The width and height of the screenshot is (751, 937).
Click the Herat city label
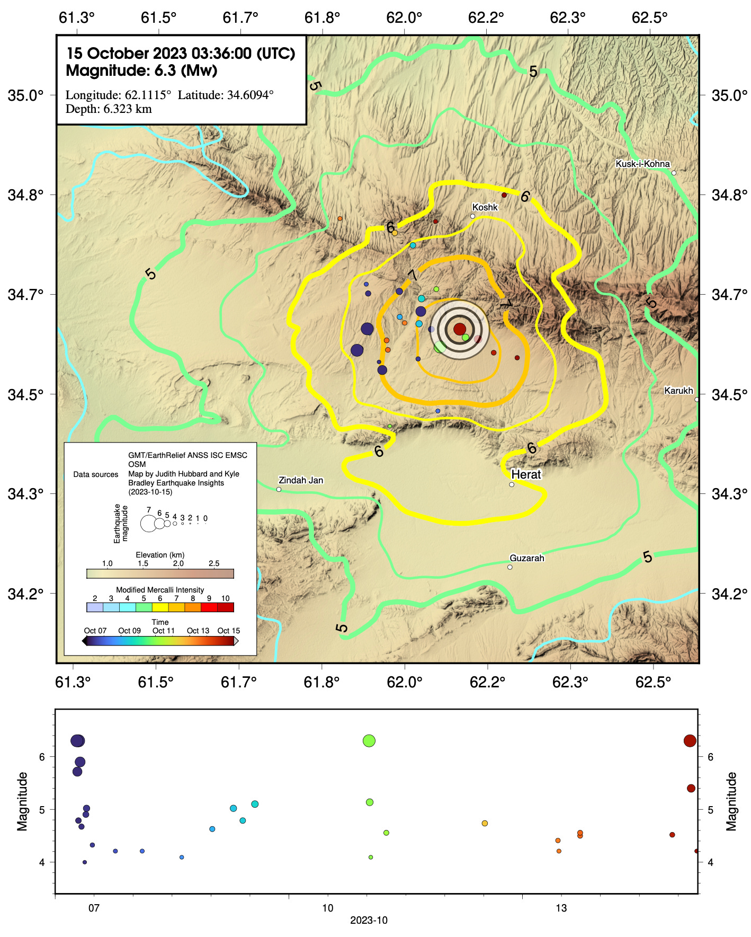point(525,474)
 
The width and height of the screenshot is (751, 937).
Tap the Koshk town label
point(485,207)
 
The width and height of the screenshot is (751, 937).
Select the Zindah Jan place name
point(300,480)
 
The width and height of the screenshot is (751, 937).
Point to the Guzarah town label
point(526,558)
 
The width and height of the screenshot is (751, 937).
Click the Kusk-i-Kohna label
point(642,164)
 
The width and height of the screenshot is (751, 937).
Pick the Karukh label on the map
point(678,391)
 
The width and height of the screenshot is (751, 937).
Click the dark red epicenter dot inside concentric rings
point(459,329)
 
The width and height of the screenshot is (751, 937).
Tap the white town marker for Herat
point(512,484)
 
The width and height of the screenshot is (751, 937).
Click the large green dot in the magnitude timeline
point(369,741)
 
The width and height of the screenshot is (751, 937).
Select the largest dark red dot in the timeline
point(690,741)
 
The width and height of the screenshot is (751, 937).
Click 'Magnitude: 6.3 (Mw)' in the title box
point(141,70)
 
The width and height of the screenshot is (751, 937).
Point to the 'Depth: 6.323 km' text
point(109,109)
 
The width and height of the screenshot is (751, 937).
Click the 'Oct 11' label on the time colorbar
point(163,631)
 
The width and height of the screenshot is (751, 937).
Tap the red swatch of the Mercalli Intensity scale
point(209,607)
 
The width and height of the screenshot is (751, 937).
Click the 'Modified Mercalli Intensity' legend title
point(160,590)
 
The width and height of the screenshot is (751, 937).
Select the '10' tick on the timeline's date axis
point(328,908)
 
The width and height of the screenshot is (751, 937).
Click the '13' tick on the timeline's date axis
point(561,908)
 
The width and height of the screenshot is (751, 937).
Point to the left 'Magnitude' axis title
point(22,801)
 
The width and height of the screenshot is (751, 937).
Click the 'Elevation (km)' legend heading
point(160,555)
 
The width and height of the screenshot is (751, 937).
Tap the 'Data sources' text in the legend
point(96,474)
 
